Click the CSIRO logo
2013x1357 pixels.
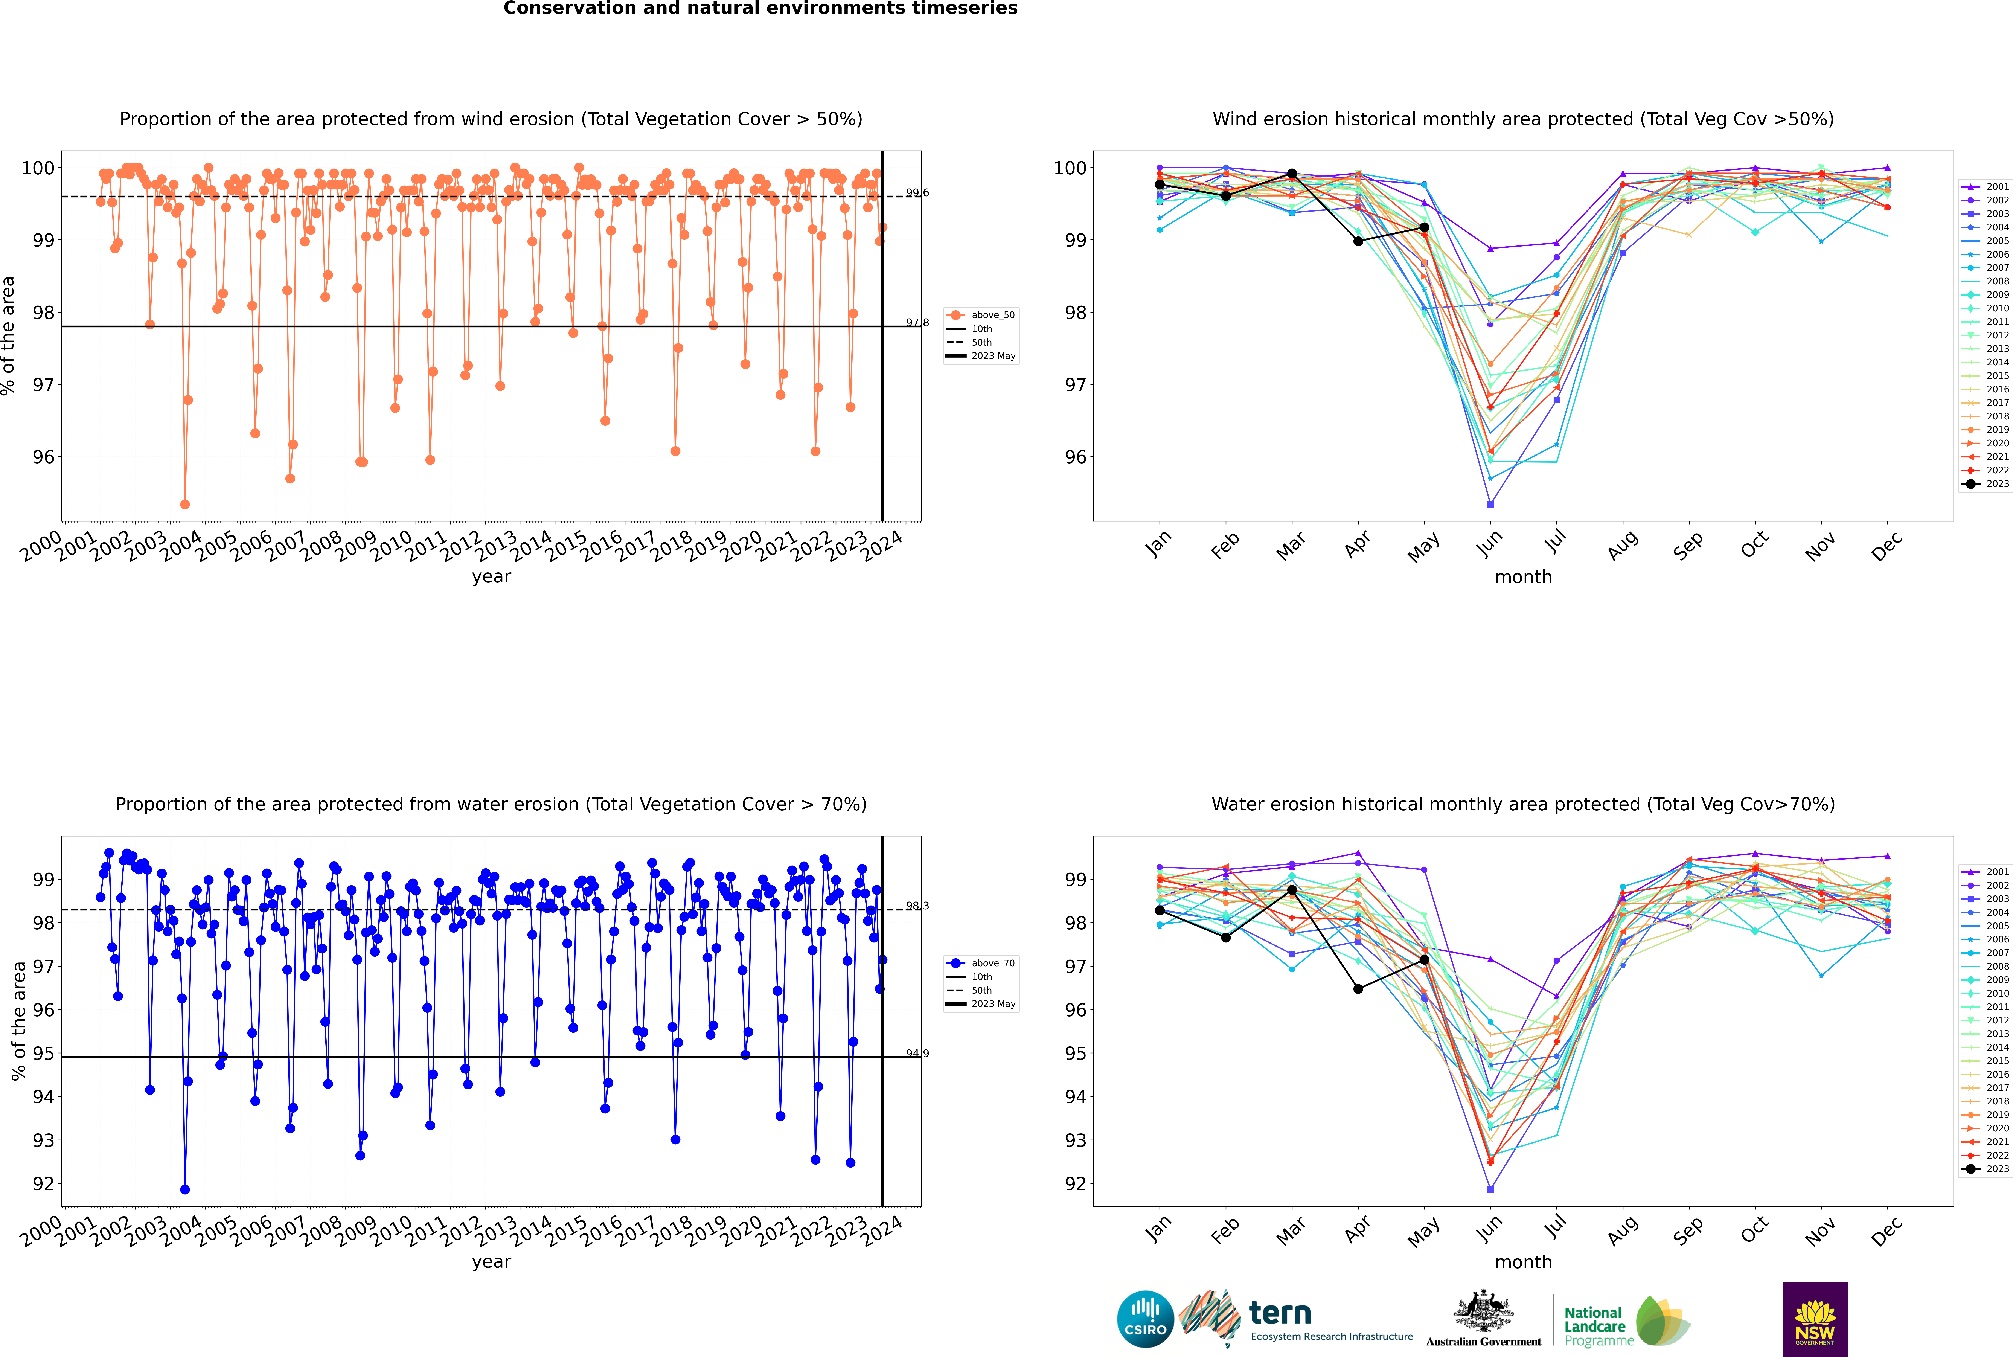pos(1145,1320)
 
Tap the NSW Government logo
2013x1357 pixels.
pos(1815,1318)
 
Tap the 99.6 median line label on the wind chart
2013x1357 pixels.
pos(917,193)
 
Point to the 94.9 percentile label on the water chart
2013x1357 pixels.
pos(917,1053)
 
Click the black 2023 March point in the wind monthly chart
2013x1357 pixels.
pos(1292,174)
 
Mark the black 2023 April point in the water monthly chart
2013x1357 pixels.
pos(1358,988)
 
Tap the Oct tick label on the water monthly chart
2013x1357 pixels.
pos(1754,1229)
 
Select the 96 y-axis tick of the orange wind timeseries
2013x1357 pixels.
pos(43,457)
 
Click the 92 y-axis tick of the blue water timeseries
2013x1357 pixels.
pos(43,1184)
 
